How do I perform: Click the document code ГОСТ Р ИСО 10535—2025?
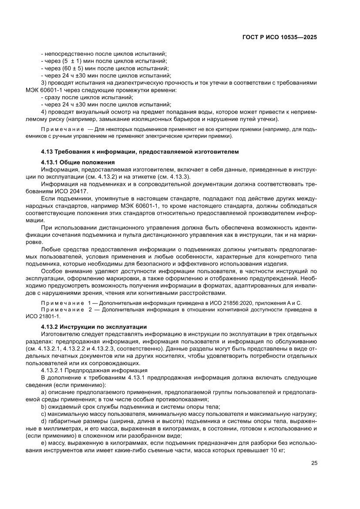279,37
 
